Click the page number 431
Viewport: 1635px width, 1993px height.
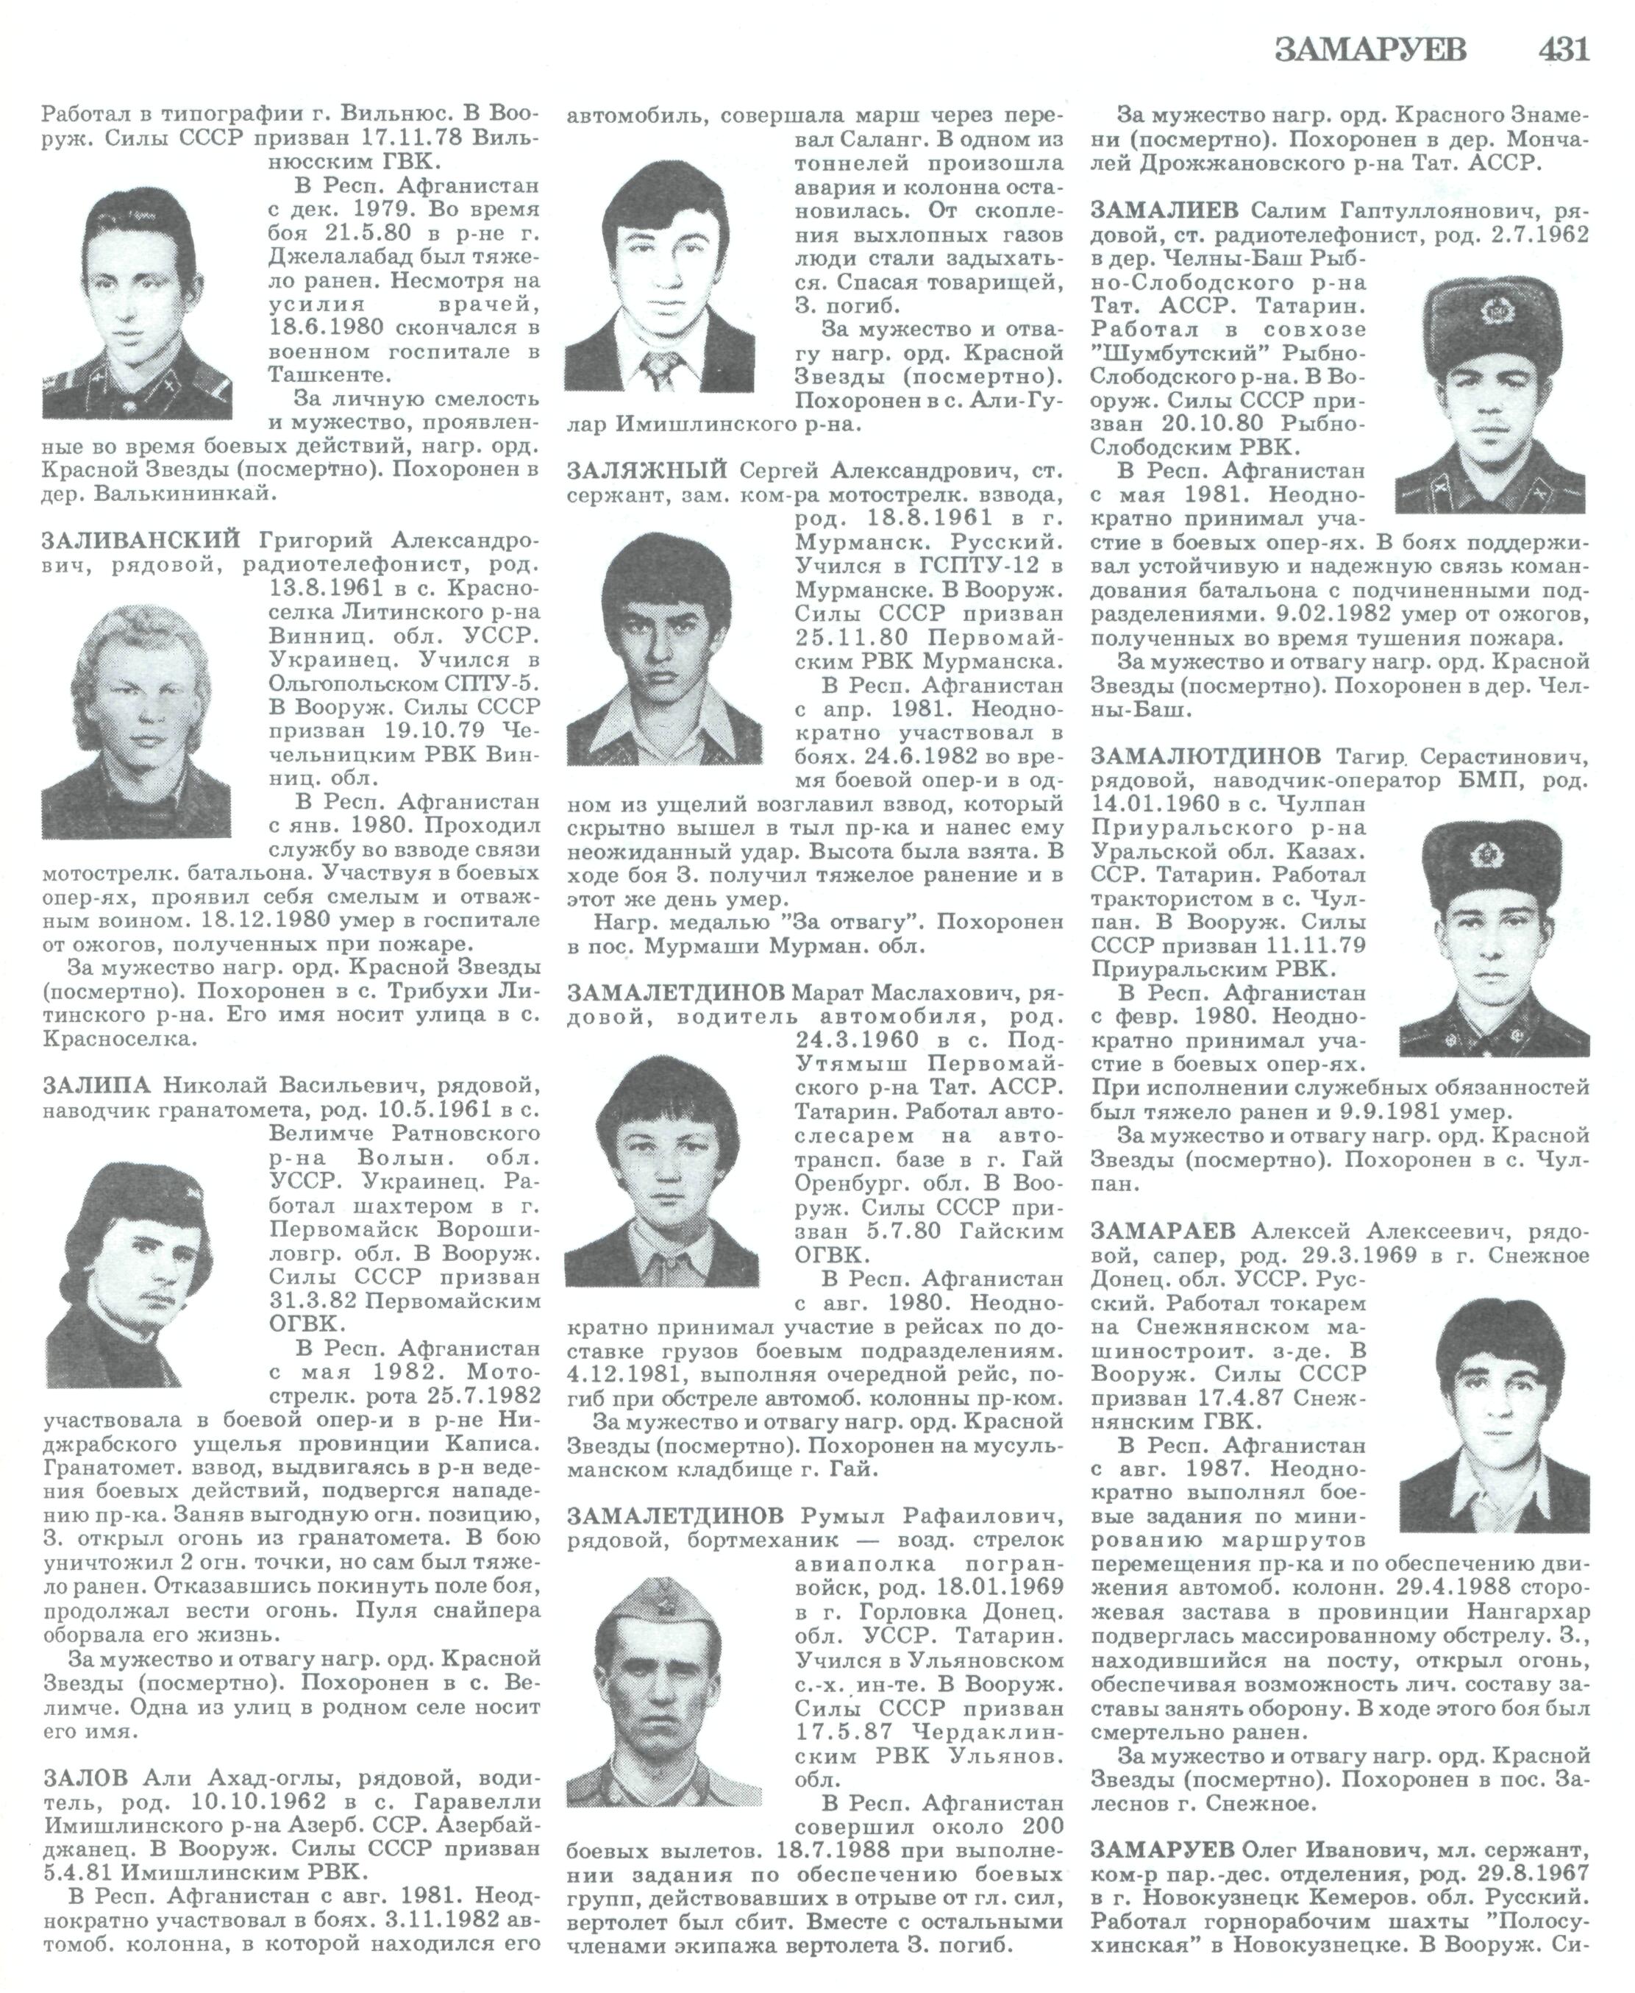1564,49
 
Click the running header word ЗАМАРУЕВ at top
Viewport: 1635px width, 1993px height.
1370,49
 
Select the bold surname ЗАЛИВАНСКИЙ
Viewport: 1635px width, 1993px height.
142,541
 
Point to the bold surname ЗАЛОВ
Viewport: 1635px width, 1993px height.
85,1779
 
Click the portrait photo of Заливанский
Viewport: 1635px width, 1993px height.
137,715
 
